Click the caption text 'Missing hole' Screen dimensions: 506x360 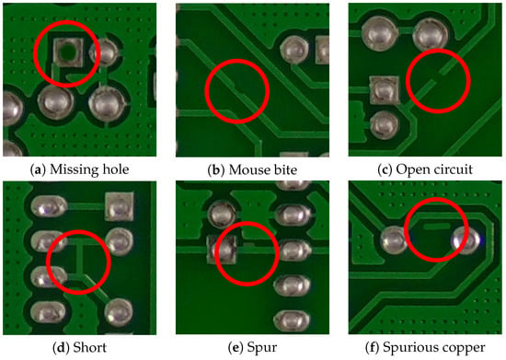89,169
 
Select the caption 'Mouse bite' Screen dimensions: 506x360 263,169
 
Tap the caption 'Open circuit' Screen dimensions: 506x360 434,169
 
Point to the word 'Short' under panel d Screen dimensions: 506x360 89,347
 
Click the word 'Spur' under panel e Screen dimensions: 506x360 261,348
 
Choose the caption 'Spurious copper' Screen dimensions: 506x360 434,348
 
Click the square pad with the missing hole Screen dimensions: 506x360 68,52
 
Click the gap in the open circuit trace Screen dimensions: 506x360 438,76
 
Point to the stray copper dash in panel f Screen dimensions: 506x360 436,226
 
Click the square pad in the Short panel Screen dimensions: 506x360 119,206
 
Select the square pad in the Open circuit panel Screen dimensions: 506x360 384,89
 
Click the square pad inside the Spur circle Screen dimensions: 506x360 223,250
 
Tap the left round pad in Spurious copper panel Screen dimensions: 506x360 395,240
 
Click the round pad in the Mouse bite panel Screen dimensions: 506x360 294,50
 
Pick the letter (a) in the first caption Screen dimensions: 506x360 38,169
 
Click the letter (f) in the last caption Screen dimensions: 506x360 373,348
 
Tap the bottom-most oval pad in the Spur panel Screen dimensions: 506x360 292,320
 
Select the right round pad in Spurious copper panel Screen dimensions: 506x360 466,240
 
